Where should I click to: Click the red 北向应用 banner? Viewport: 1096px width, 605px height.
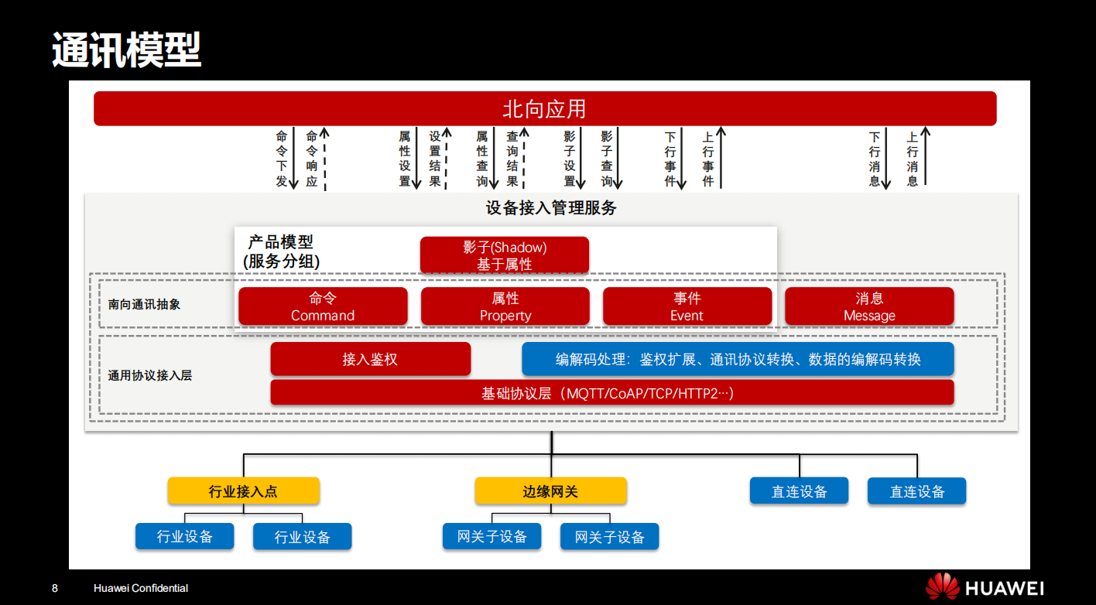(x=544, y=108)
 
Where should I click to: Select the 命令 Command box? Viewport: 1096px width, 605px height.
(x=323, y=306)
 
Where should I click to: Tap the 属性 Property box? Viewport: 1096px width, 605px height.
(x=505, y=306)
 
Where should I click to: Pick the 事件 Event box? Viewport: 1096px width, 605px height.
(x=687, y=306)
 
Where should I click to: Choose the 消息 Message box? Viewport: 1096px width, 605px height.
(x=869, y=306)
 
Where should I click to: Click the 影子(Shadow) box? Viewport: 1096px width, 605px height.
(x=505, y=255)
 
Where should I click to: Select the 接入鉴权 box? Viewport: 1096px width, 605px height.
(x=370, y=359)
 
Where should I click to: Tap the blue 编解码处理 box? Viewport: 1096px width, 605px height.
(x=738, y=359)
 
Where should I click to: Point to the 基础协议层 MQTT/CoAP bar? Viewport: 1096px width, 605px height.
(x=611, y=393)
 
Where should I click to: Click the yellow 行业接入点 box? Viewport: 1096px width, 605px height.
(x=243, y=491)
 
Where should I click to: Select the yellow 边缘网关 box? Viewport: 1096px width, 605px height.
(x=550, y=491)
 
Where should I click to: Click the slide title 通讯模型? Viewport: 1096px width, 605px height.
(x=126, y=50)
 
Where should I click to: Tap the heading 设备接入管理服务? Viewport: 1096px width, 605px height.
(x=551, y=208)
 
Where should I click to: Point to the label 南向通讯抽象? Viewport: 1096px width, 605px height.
(x=145, y=305)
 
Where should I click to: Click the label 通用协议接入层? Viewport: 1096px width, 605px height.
(x=150, y=376)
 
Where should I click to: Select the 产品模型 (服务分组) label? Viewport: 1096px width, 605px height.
(x=281, y=252)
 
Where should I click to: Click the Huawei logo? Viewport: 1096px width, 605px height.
(x=985, y=588)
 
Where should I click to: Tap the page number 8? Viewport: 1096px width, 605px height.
(x=54, y=588)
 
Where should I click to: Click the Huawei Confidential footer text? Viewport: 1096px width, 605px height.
(x=141, y=588)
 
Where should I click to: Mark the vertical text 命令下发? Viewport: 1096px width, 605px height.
(x=282, y=159)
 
